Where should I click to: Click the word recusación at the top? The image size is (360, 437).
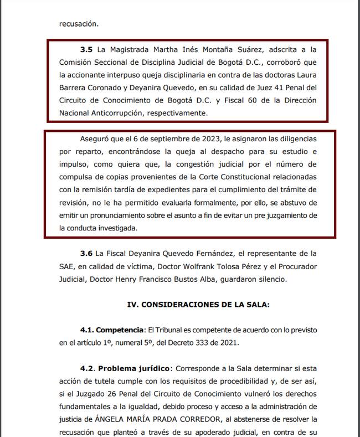[x=79, y=24]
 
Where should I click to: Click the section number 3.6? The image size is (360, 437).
[x=87, y=254]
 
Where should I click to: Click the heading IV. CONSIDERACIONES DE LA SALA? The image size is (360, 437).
[x=199, y=305]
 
